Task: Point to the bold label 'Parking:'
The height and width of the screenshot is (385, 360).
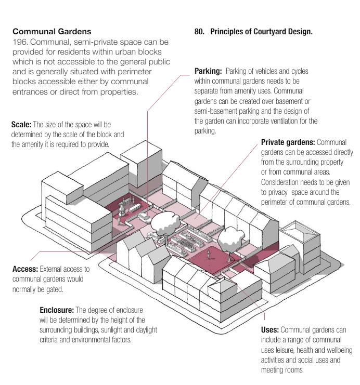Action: point(208,70)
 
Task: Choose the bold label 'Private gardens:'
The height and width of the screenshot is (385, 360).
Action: point(287,142)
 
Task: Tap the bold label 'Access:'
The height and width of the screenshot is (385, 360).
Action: point(24,269)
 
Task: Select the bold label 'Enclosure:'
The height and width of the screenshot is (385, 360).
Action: point(58,310)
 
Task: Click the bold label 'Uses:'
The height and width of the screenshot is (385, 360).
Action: point(270,329)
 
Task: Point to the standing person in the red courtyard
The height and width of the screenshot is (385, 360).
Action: point(209,254)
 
